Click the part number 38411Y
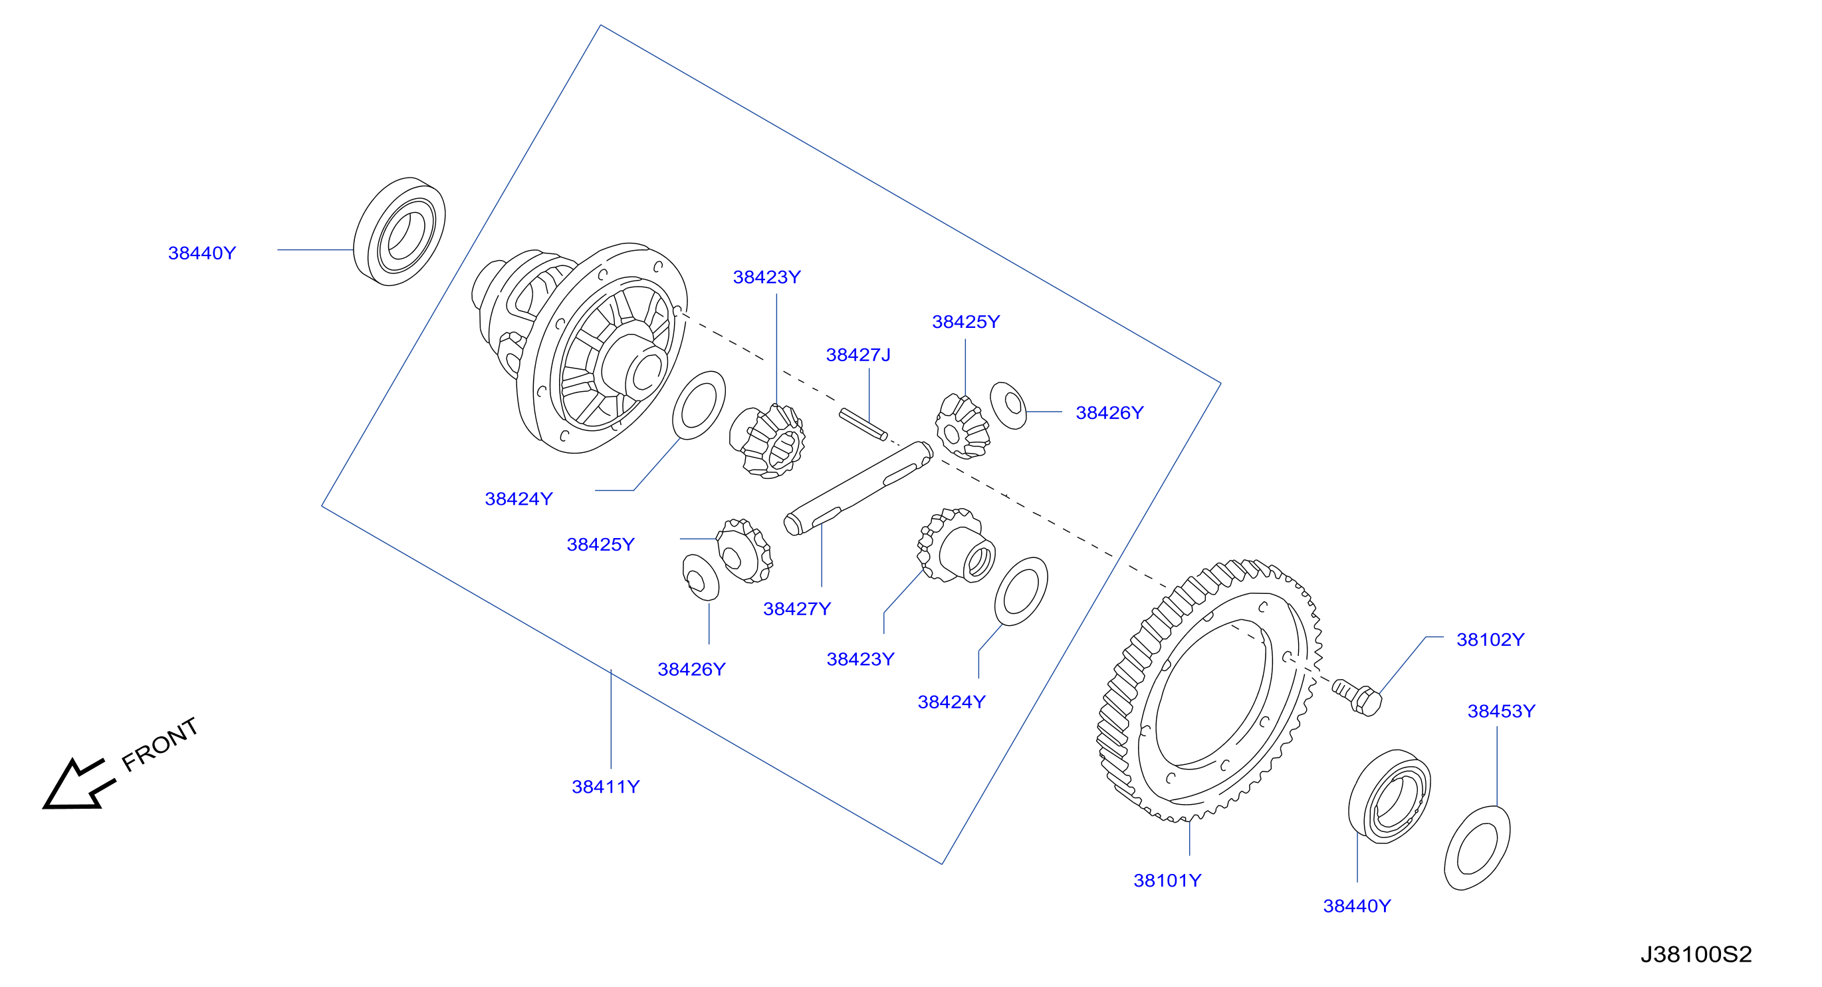(606, 787)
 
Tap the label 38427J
(858, 354)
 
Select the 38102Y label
(1490, 640)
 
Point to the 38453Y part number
(1501, 711)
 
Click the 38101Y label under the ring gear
(1167, 880)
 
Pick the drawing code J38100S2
(1696, 954)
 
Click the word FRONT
(160, 744)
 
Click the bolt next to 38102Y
(1357, 698)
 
